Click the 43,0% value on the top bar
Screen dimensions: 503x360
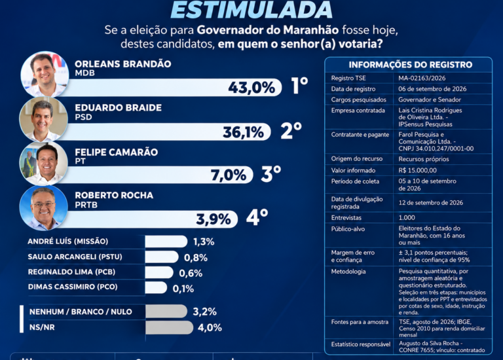[x=251, y=88]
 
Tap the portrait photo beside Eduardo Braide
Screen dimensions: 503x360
[x=44, y=120]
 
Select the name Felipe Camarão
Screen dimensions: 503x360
[x=116, y=152]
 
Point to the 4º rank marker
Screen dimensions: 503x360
[x=257, y=217]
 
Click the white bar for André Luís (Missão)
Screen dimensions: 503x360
[x=166, y=242]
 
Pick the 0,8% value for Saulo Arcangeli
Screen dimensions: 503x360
[x=196, y=257]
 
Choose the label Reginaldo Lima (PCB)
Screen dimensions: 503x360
[x=71, y=272]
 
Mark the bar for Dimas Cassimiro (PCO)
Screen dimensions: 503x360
[x=156, y=287]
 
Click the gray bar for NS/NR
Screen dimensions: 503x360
[x=170, y=328]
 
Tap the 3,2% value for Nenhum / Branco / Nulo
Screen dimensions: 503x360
[x=204, y=312]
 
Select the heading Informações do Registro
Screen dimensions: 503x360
[x=411, y=65]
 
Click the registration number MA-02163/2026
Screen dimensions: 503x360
[x=422, y=78]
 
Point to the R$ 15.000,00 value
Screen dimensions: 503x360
[x=417, y=170]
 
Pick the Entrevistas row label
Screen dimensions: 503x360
[x=346, y=218]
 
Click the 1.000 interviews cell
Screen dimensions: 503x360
[x=407, y=218]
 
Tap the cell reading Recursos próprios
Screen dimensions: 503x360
[x=424, y=159]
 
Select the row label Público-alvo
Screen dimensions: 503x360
[x=348, y=229]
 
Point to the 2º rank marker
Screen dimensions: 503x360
[x=291, y=131]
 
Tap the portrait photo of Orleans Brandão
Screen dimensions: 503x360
[x=45, y=75]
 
